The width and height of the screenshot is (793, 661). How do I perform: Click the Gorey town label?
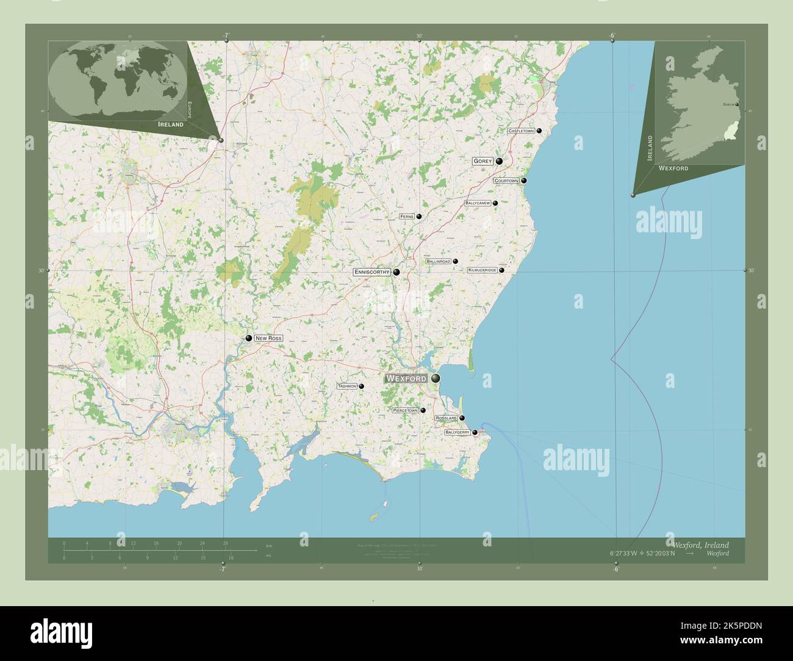click(483, 162)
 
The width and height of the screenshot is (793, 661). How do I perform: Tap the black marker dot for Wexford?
click(436, 379)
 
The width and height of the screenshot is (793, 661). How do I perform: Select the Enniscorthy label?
click(371, 273)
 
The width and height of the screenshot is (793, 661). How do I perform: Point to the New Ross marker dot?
click(249, 338)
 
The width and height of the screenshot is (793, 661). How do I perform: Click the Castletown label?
click(521, 131)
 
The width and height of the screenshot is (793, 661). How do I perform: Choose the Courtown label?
click(506, 181)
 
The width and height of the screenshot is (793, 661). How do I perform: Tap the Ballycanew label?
click(478, 203)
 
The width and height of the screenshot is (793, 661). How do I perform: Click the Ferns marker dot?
click(419, 216)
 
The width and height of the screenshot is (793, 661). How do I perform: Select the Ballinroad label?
click(439, 262)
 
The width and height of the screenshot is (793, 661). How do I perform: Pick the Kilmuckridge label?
click(482, 270)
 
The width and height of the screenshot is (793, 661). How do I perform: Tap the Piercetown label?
click(406, 411)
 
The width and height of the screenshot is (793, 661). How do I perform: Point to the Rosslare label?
click(446, 418)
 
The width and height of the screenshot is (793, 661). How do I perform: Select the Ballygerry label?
click(457, 432)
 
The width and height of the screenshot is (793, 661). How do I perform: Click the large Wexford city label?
click(406, 379)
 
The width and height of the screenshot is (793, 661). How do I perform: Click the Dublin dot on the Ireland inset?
click(737, 105)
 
